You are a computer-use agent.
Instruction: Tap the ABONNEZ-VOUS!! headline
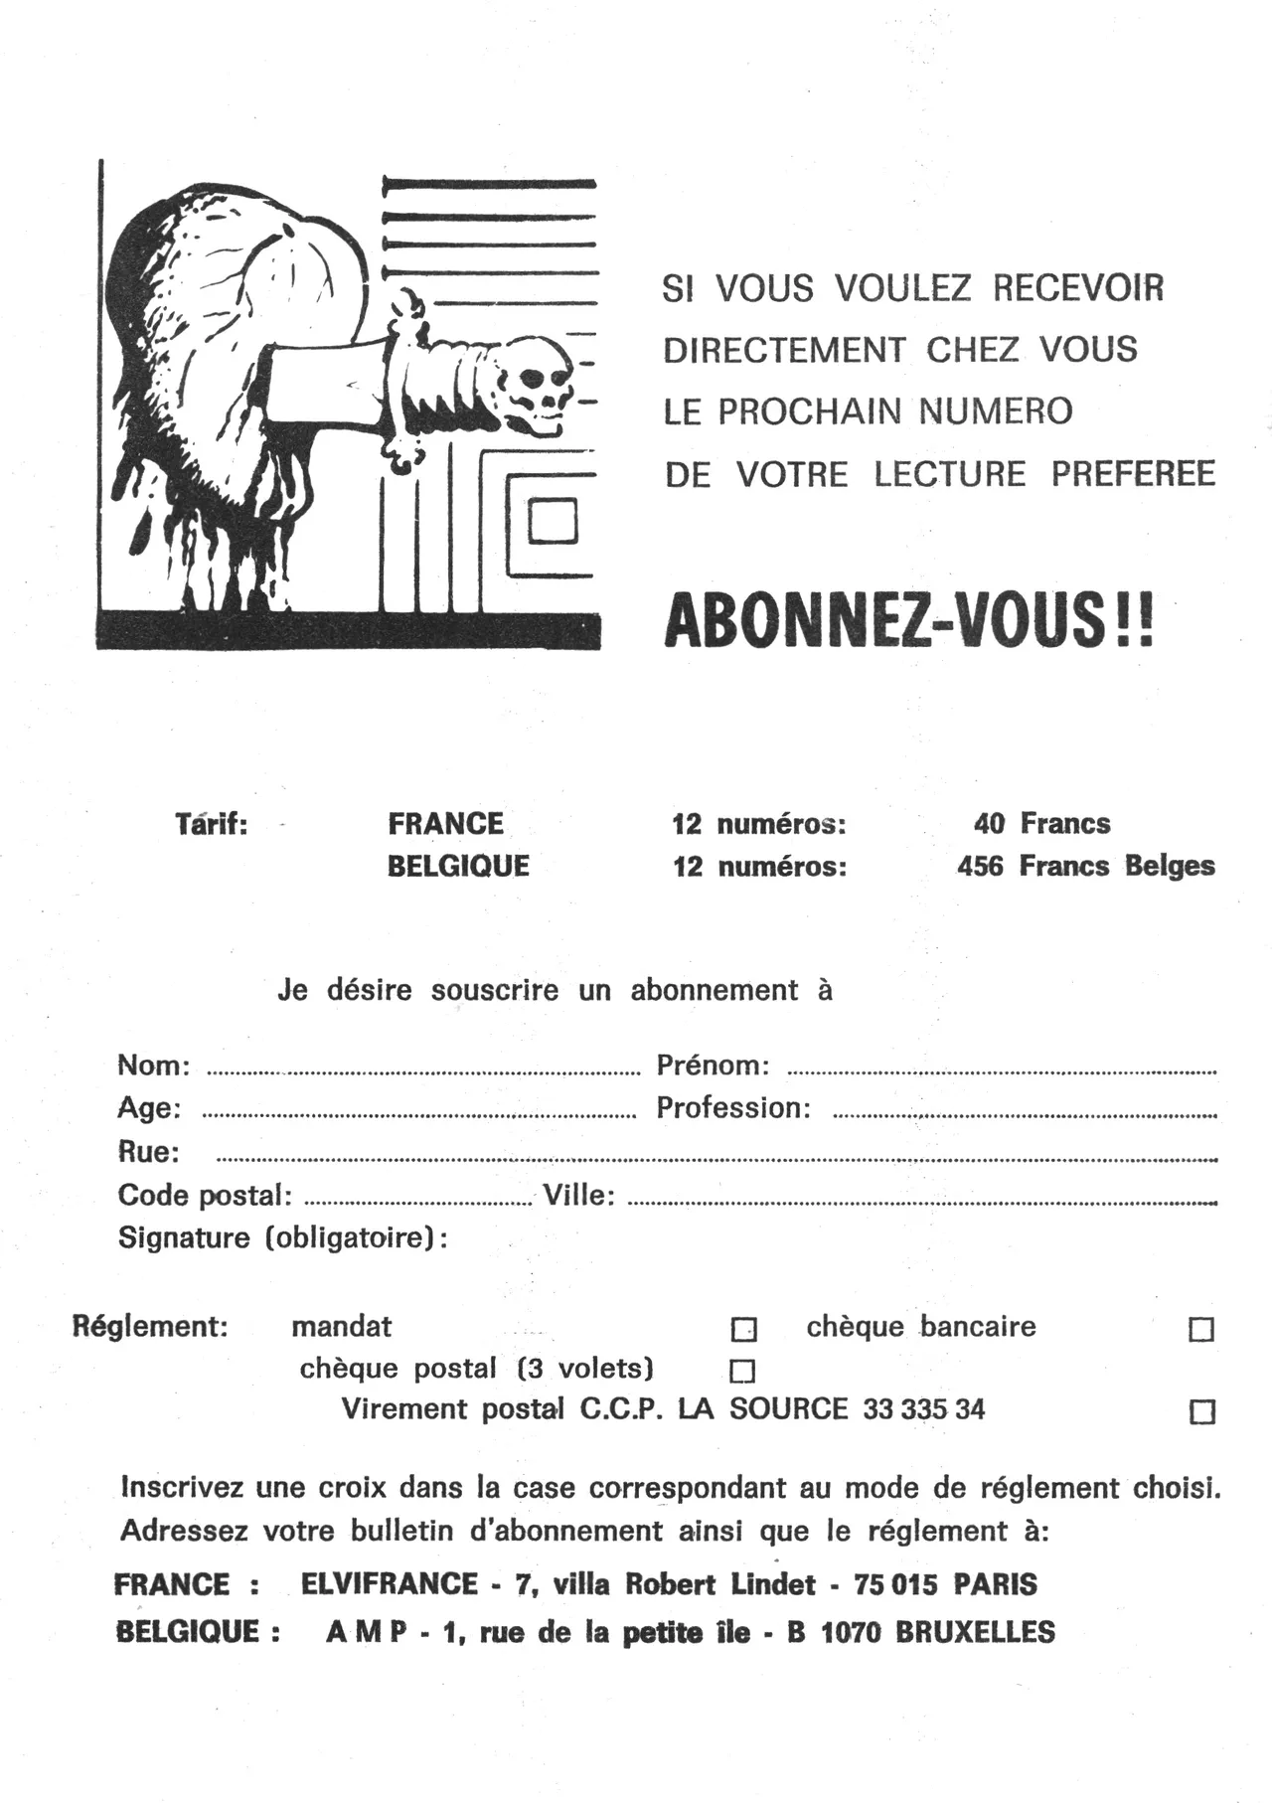(x=909, y=620)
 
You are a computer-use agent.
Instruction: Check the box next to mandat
(x=743, y=1329)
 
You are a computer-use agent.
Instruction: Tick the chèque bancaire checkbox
(x=1201, y=1329)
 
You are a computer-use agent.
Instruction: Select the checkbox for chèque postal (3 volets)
(x=742, y=1372)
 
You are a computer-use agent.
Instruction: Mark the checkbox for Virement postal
(x=1202, y=1411)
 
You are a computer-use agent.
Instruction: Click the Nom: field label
(x=154, y=1065)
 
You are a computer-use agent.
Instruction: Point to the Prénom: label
(x=713, y=1065)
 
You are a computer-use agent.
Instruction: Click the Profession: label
(x=733, y=1108)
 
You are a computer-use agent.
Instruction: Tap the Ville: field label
(x=578, y=1195)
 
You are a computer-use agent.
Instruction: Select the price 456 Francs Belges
(x=1085, y=866)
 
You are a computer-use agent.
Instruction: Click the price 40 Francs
(x=1041, y=823)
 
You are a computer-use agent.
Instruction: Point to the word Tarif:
(x=211, y=824)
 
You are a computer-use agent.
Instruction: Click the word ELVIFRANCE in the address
(x=390, y=1583)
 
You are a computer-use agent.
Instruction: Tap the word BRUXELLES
(x=975, y=1632)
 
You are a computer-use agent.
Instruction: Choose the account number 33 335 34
(x=924, y=1409)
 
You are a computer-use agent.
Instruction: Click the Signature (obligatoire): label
(x=282, y=1238)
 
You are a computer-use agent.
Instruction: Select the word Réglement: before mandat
(x=150, y=1327)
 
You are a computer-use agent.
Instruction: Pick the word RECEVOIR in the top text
(x=1077, y=288)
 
